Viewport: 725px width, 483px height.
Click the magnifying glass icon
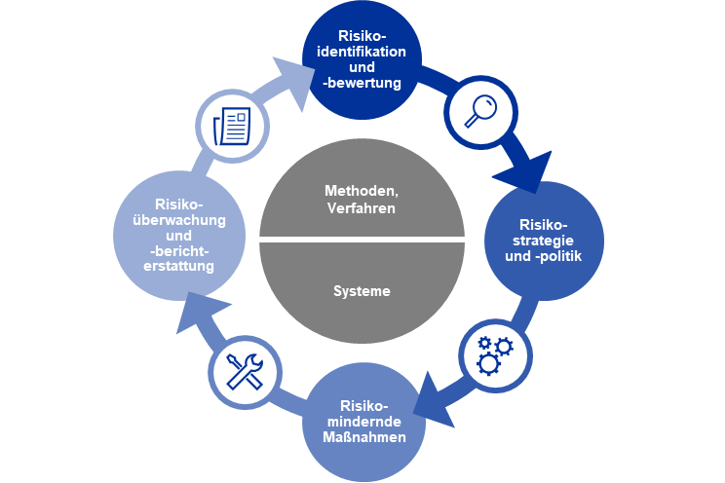(480, 110)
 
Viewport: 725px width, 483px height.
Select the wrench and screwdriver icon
(245, 371)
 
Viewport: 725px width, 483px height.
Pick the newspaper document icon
(232, 127)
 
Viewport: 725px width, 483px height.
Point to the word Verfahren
(362, 208)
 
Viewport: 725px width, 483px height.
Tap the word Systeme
(362, 291)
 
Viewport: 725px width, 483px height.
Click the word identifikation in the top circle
(362, 52)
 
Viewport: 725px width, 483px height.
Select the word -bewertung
(362, 83)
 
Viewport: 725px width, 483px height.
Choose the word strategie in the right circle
(544, 241)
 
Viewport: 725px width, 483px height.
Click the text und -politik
(544, 256)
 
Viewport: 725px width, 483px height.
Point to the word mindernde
(364, 422)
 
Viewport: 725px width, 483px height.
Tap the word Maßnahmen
(364, 437)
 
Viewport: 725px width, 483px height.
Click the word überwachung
(179, 220)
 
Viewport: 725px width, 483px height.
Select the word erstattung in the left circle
(179, 266)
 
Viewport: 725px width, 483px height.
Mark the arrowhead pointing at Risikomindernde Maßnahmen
(435, 402)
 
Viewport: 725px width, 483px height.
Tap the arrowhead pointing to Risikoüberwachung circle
(199, 311)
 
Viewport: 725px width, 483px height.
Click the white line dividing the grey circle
(362, 240)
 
